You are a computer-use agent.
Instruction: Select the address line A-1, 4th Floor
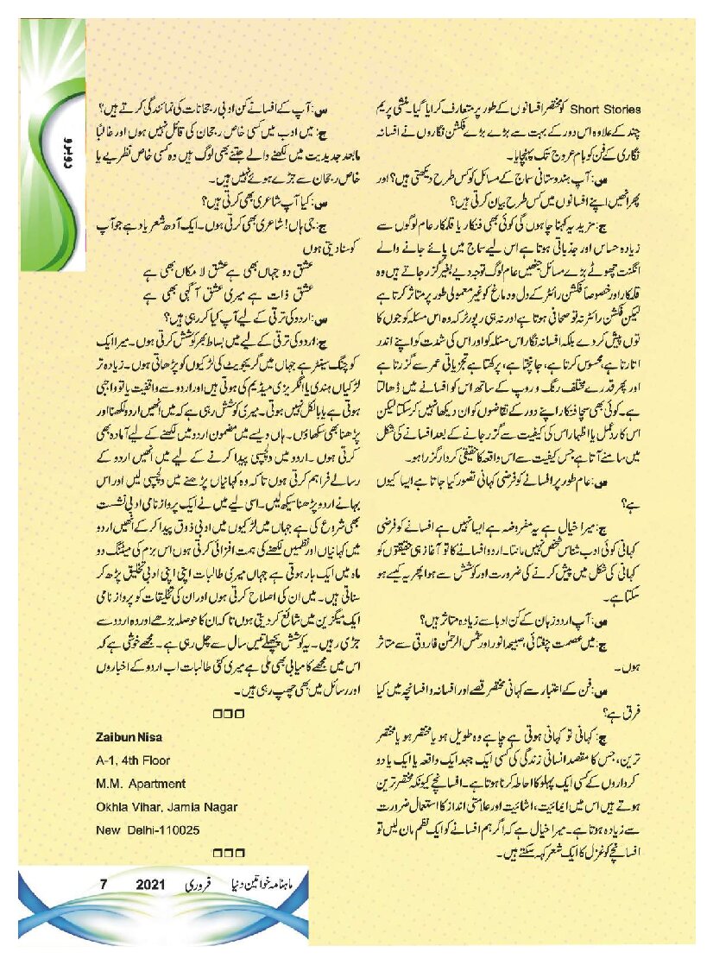[133, 760]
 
